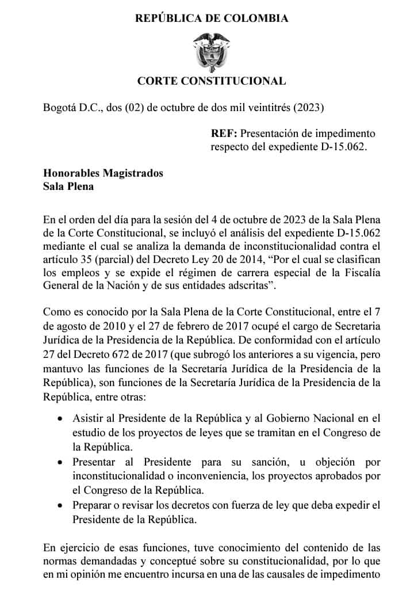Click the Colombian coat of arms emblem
(x=211, y=50)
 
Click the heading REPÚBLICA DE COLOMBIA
(x=212, y=18)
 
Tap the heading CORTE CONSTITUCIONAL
(x=212, y=81)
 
